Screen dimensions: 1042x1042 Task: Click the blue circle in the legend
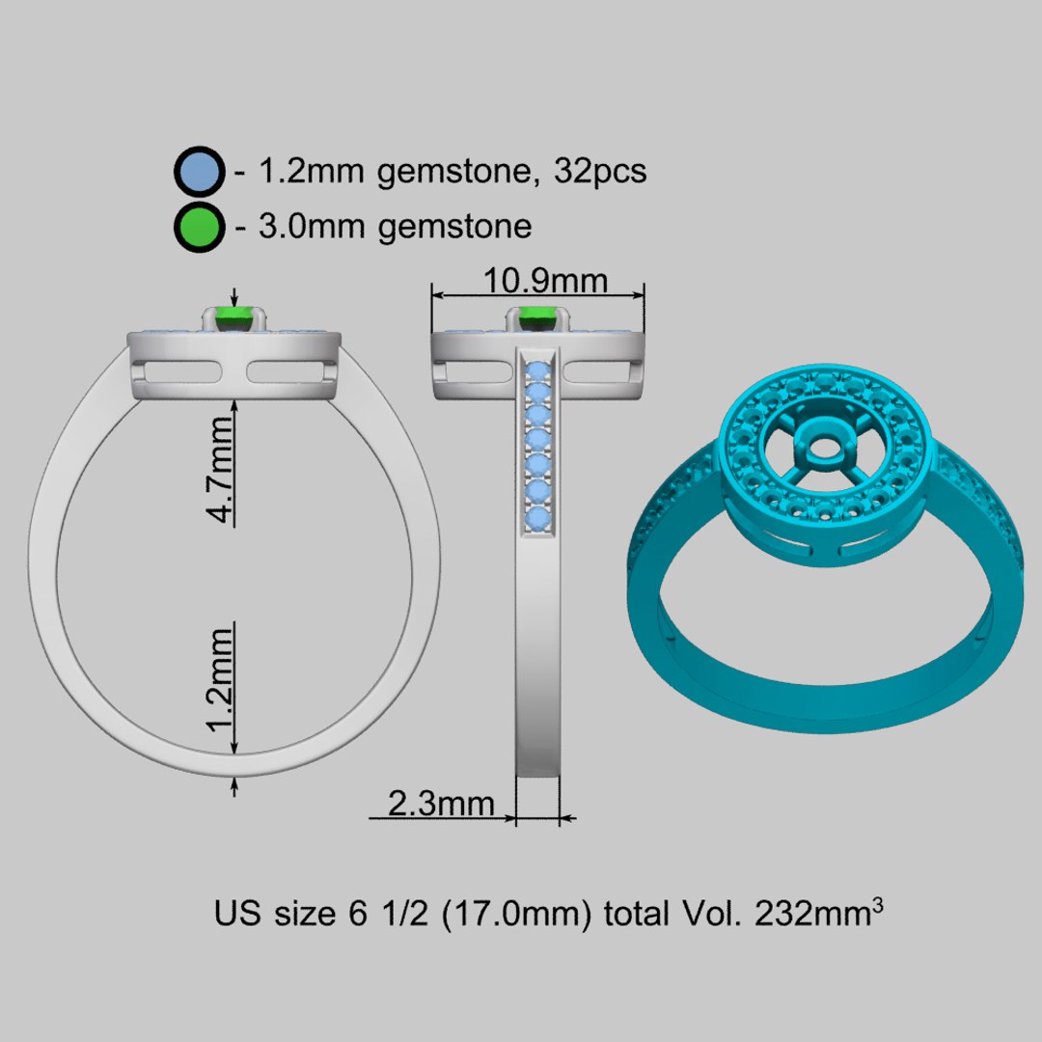pyautogui.click(x=200, y=173)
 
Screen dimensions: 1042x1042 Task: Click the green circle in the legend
pyautogui.click(x=200, y=228)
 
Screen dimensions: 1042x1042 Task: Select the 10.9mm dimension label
pyautogui.click(x=546, y=281)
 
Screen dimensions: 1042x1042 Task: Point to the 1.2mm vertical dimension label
pyautogui.click(x=223, y=679)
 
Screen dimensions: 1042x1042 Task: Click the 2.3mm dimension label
pyautogui.click(x=441, y=803)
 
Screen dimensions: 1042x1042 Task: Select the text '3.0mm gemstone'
pyautogui.click(x=396, y=228)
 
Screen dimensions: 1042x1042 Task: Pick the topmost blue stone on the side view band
pyautogui.click(x=537, y=370)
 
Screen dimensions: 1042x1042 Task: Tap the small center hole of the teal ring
pyautogui.click(x=822, y=450)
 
